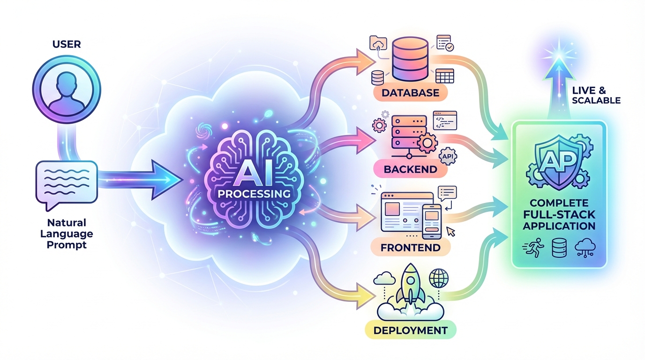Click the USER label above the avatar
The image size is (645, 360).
click(x=67, y=45)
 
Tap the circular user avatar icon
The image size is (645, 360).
click(x=67, y=90)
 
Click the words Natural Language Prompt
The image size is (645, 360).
click(x=67, y=233)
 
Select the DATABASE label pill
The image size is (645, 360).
click(x=410, y=92)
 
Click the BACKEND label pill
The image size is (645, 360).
click(x=410, y=169)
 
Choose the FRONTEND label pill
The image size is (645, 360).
click(x=410, y=247)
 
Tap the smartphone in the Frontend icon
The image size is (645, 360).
click(x=432, y=221)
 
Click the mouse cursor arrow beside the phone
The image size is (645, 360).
click(x=451, y=231)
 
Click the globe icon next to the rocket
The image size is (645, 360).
click(x=439, y=278)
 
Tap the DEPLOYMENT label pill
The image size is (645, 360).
click(x=410, y=330)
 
